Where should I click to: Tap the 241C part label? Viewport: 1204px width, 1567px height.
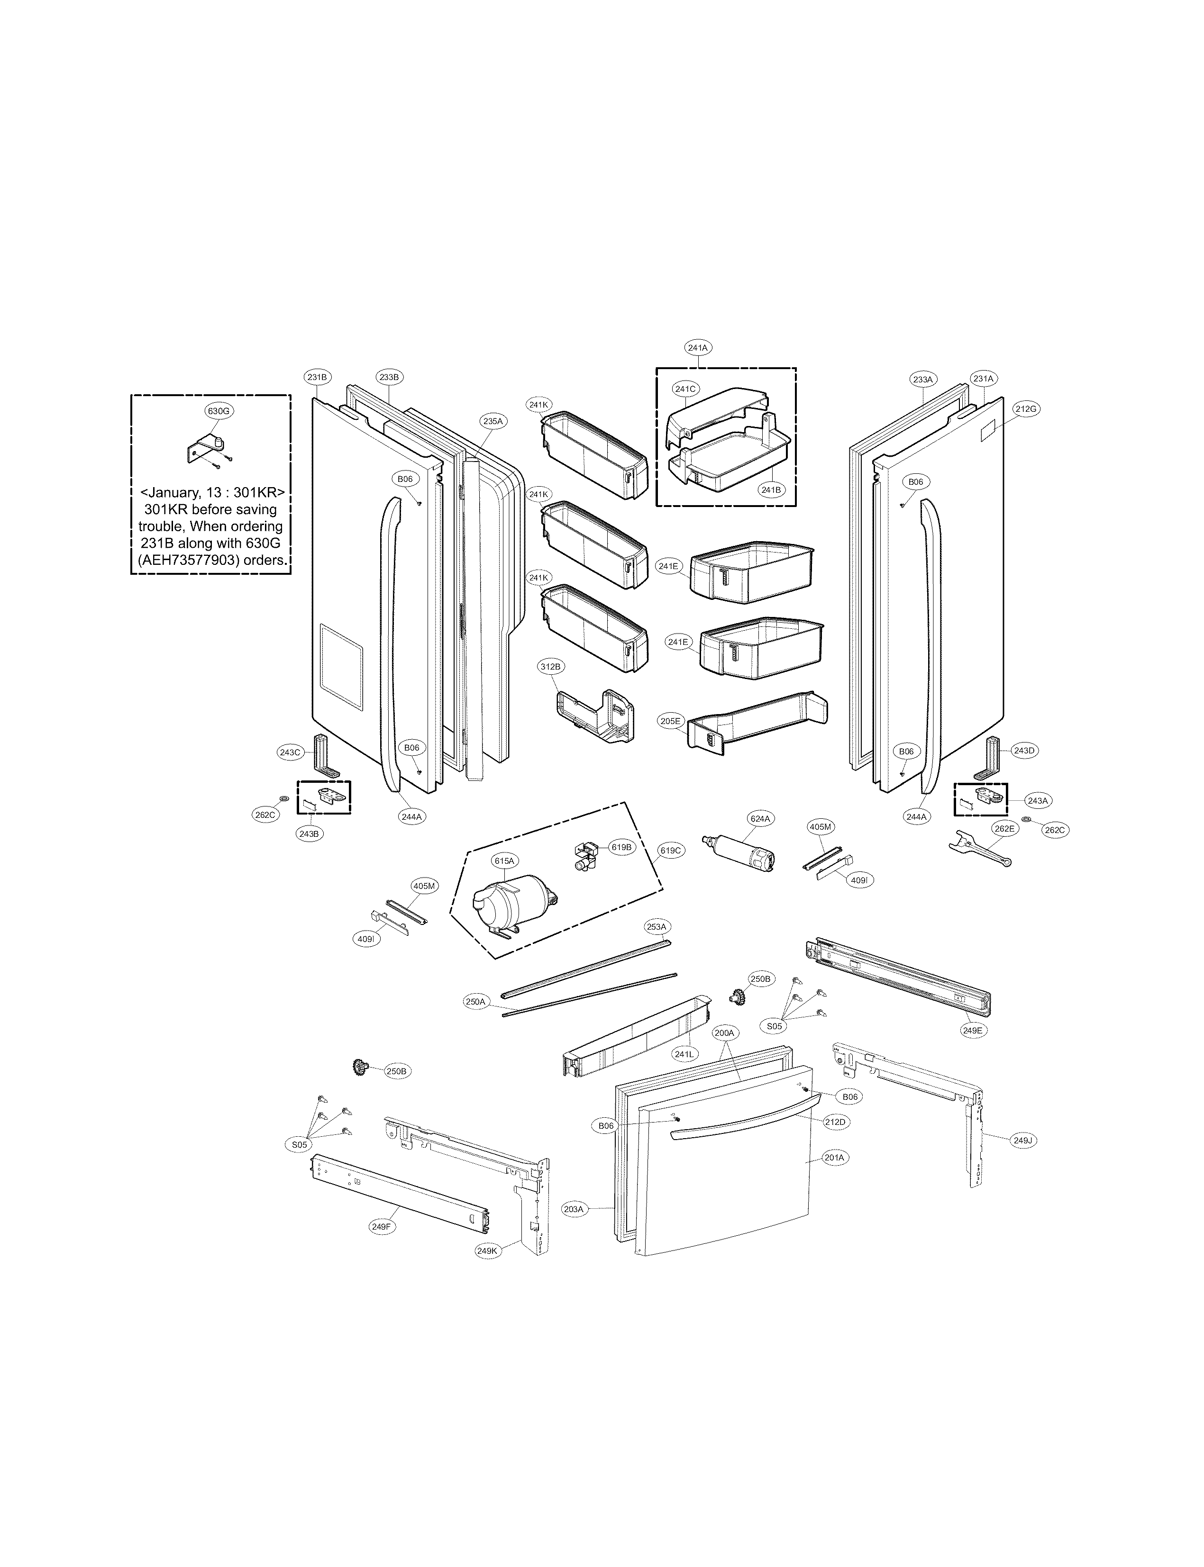(x=684, y=389)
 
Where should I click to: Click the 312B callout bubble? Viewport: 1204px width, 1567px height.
(x=550, y=666)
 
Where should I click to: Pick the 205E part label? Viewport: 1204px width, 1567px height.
(x=671, y=721)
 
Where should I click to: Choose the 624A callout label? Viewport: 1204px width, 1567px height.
(x=760, y=818)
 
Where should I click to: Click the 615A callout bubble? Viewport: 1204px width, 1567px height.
(x=504, y=860)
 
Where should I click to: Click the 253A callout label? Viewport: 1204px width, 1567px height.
(x=657, y=926)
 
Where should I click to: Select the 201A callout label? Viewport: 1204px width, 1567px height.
(x=834, y=1157)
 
